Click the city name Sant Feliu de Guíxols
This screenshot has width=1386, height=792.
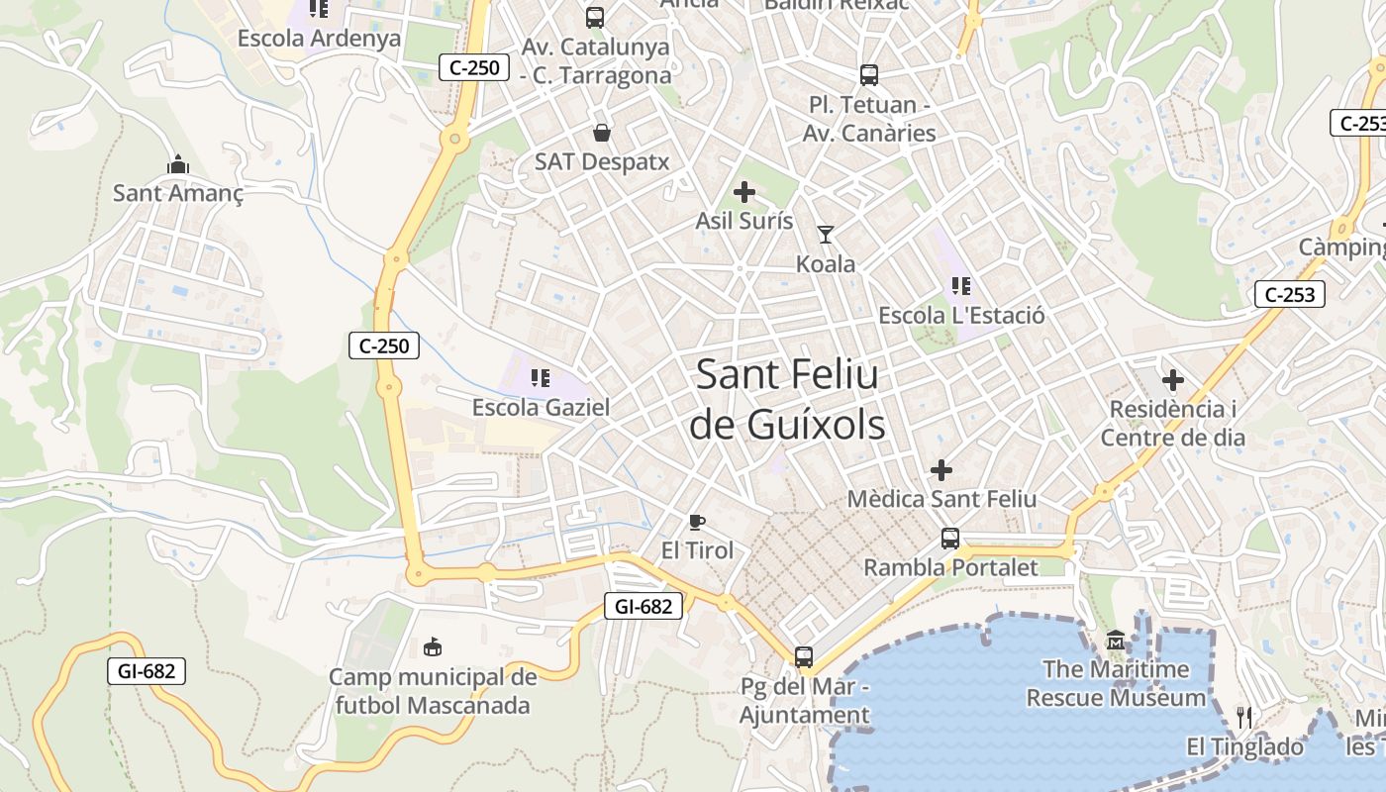[x=787, y=400]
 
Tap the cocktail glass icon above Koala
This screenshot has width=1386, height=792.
[x=826, y=235]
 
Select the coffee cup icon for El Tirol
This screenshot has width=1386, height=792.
[x=697, y=522]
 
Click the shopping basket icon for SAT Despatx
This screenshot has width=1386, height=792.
[x=601, y=133]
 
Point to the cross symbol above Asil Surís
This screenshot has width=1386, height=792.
[x=744, y=192]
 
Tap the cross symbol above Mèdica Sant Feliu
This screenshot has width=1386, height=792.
[x=941, y=469]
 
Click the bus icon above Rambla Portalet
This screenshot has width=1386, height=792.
[x=950, y=539]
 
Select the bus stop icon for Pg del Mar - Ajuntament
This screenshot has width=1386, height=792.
[x=804, y=656]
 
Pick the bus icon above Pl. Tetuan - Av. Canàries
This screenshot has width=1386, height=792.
[x=869, y=74]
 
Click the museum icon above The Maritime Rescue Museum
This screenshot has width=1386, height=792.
[x=1116, y=641]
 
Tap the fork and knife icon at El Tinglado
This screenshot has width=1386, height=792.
[x=1244, y=717]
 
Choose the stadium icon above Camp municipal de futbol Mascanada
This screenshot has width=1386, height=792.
[x=433, y=647]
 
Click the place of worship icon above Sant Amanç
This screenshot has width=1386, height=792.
[x=178, y=163]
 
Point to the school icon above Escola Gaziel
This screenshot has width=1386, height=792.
[x=541, y=377]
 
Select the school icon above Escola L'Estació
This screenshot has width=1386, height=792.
[x=960, y=286]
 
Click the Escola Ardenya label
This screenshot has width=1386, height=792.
[x=319, y=39]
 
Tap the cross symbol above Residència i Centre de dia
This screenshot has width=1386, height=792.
[x=1173, y=380]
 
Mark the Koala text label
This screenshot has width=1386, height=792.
[x=826, y=264]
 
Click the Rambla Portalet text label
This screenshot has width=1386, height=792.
[x=950, y=568]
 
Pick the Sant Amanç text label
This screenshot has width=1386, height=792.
[x=178, y=193]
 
